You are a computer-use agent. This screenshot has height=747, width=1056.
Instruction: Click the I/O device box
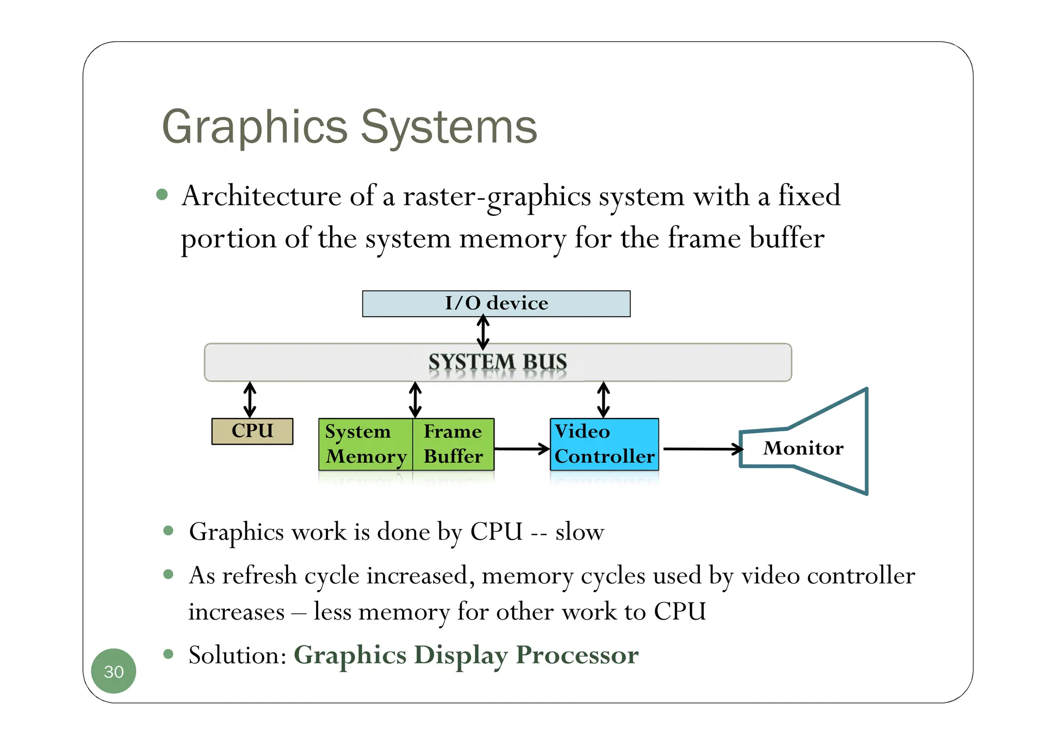(496, 304)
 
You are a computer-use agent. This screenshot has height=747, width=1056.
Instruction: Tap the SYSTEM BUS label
(498, 362)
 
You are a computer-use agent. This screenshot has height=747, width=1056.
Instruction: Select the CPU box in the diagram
(252, 431)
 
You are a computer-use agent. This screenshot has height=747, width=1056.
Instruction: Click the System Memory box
(365, 444)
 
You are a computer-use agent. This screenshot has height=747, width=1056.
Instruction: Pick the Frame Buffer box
(453, 444)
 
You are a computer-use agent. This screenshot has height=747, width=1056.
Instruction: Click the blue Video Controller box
(604, 444)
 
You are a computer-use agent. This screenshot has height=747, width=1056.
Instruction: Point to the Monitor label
(803, 448)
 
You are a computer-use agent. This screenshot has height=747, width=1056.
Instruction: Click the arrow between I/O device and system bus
(483, 333)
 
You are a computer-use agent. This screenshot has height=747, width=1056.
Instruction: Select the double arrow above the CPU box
(250, 400)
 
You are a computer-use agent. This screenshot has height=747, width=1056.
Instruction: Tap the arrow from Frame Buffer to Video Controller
(521, 449)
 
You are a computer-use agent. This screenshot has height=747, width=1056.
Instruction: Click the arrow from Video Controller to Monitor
(702, 449)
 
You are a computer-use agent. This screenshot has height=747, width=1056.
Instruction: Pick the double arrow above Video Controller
(603, 400)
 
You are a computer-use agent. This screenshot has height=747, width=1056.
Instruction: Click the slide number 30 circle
(113, 671)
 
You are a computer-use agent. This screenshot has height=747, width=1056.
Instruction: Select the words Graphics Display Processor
(466, 655)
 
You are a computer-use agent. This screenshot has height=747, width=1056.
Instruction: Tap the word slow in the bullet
(580, 532)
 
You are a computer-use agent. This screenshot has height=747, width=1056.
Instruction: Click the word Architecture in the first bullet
(261, 197)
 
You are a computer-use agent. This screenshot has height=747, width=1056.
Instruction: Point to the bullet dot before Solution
(168, 654)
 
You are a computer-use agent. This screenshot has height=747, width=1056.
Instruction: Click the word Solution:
(237, 655)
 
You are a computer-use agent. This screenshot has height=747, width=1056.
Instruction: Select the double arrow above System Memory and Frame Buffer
(415, 400)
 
